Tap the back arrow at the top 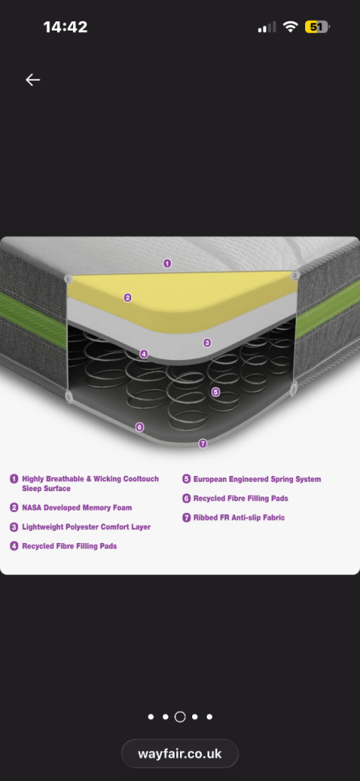[33, 79]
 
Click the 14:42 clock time [66, 27]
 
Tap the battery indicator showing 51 [317, 27]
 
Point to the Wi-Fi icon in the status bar [290, 27]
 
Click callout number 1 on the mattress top [167, 263]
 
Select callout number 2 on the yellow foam [127, 298]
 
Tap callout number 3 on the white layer [207, 342]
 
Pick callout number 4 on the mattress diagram [144, 354]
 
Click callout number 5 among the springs [216, 392]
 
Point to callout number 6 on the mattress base [140, 427]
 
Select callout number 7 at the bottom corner [203, 443]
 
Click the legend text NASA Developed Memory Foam [77, 507]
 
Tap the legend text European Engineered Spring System [257, 479]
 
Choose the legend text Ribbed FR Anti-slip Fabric [239, 518]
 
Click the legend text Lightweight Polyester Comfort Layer [86, 527]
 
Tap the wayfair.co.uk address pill [180, 754]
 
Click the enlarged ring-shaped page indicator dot [180, 717]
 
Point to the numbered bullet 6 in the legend [186, 498]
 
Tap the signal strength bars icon [267, 27]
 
